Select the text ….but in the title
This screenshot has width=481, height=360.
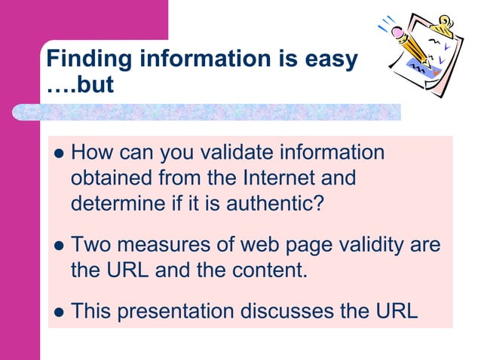(79, 84)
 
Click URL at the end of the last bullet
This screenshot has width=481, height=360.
(394, 310)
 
